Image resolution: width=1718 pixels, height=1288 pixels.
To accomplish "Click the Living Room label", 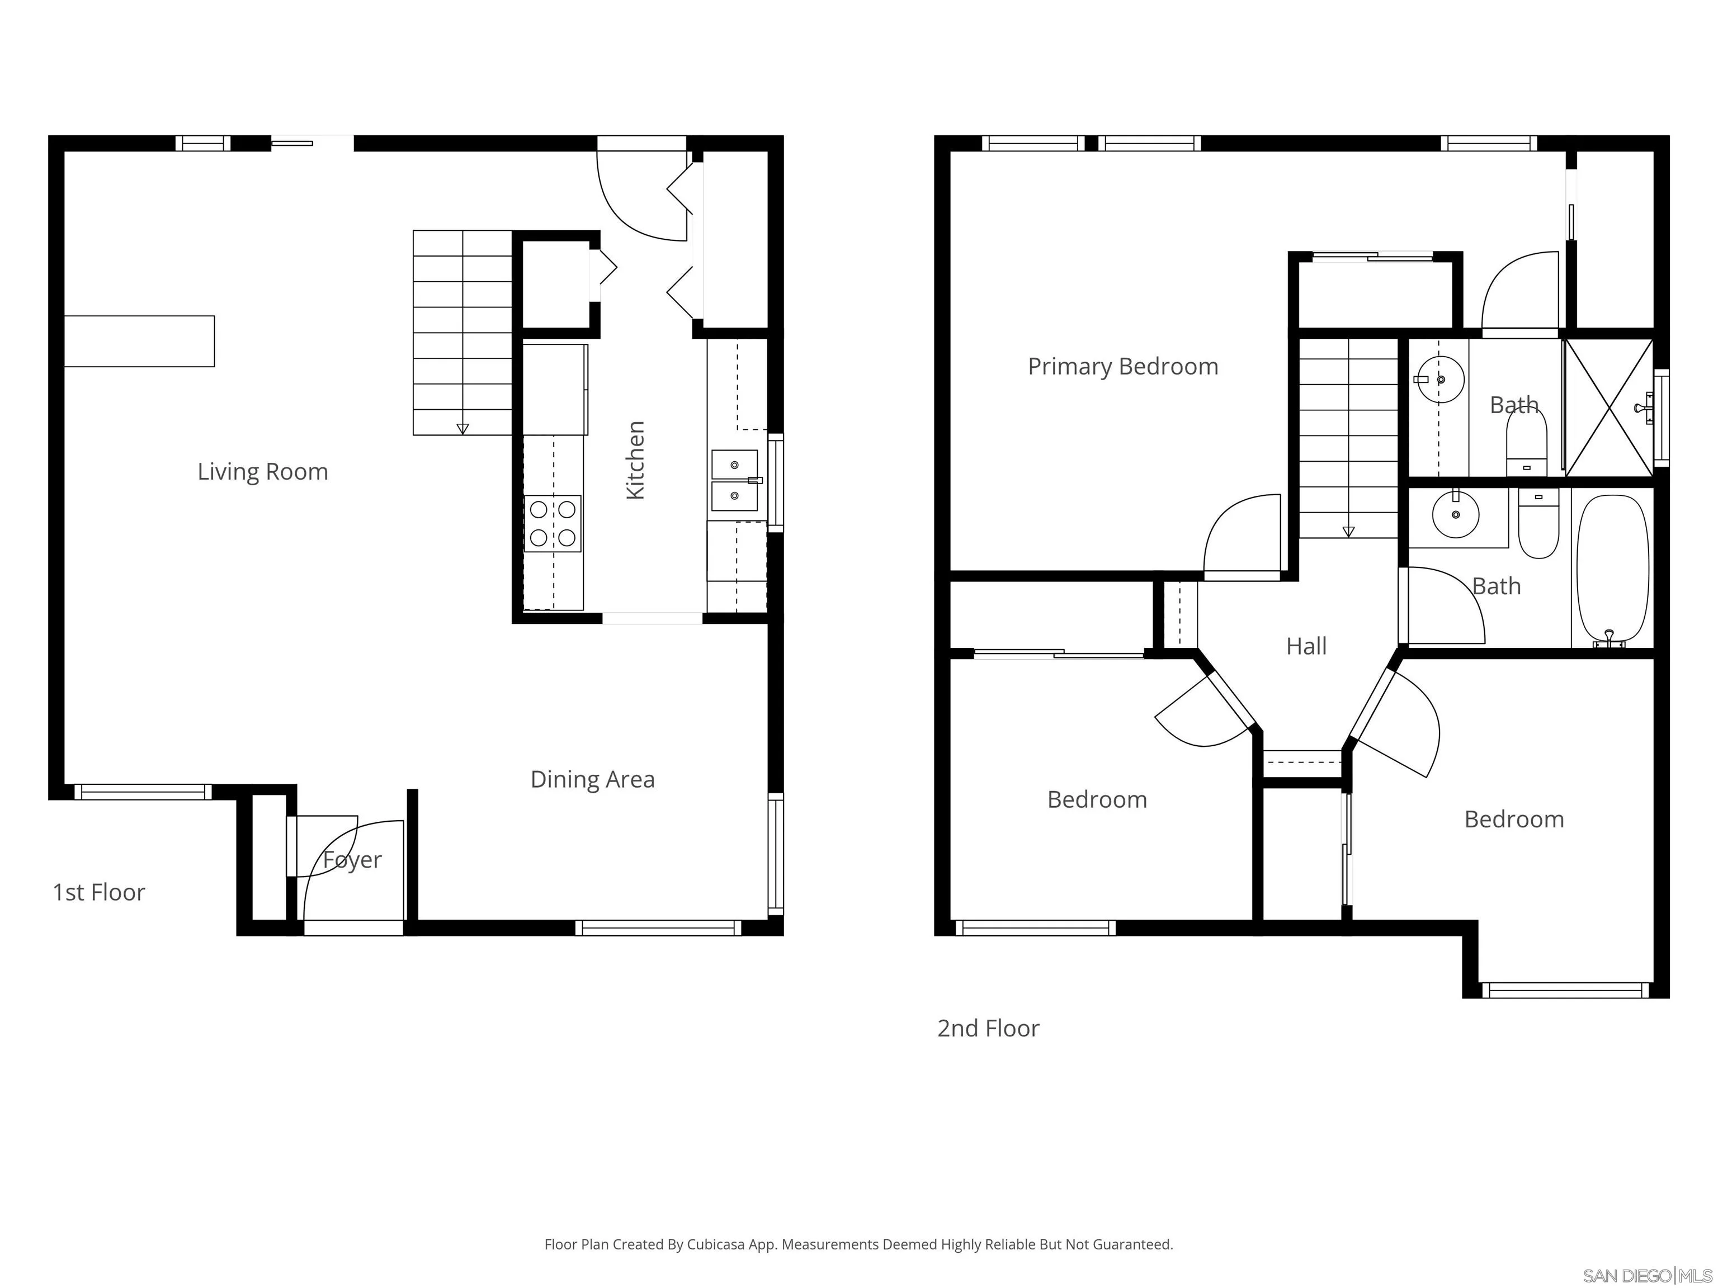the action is (x=262, y=471).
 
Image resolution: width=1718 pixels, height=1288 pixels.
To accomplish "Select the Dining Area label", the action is (x=593, y=779).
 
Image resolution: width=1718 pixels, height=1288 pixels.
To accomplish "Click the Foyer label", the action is (x=352, y=860).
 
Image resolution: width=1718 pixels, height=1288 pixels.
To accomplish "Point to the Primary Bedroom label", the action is (x=1123, y=367).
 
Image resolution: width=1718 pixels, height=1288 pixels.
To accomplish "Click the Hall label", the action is (x=1306, y=646).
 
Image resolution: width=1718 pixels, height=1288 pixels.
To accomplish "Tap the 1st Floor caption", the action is (x=98, y=892).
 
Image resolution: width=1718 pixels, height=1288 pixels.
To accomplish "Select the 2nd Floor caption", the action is (x=988, y=1028).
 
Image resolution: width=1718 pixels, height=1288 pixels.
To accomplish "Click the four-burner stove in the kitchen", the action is (x=553, y=523).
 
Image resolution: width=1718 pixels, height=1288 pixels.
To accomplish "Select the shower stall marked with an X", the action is (x=1608, y=408).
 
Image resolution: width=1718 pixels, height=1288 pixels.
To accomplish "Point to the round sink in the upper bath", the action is (x=1440, y=380).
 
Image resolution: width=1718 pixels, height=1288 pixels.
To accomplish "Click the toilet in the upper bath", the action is (x=1527, y=443).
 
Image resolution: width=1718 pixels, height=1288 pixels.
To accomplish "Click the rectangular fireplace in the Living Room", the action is (x=139, y=341).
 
